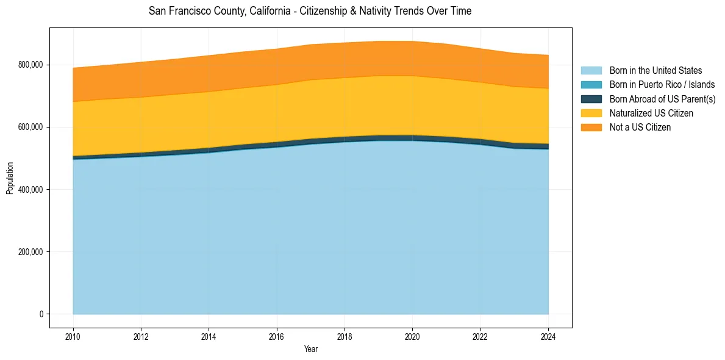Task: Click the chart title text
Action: (310, 11)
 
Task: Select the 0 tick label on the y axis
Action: (41, 314)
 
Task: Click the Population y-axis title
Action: (10, 178)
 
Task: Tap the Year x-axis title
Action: (310, 349)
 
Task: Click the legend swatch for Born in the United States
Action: (591, 71)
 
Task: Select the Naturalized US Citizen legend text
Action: (651, 113)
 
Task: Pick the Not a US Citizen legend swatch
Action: (591, 128)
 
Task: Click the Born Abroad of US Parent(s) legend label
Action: (662, 99)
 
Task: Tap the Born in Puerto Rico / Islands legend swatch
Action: (591, 85)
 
